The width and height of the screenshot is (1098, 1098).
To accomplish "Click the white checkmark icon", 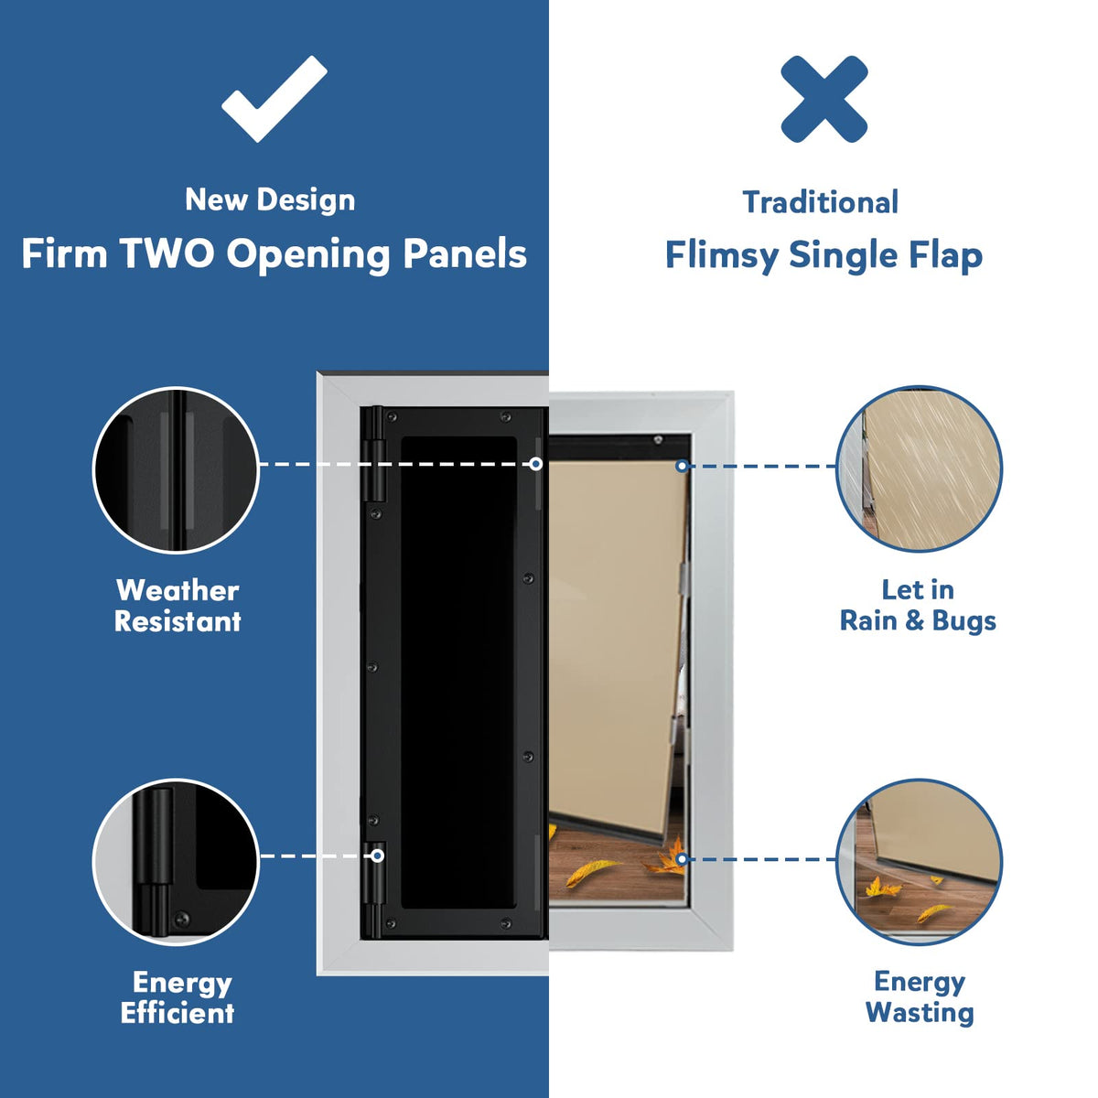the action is tap(274, 98).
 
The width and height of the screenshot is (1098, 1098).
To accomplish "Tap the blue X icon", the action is tap(823, 99).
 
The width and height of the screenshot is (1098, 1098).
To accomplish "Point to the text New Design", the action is tap(270, 200).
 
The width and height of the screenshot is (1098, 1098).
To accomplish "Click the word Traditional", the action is tap(821, 202).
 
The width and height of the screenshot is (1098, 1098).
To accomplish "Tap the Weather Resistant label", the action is tap(178, 606).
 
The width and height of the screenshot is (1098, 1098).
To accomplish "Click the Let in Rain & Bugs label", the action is tap(918, 606).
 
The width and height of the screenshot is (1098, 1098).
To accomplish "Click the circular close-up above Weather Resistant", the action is tap(176, 469).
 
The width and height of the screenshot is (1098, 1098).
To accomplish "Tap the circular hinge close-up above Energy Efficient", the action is tap(176, 862).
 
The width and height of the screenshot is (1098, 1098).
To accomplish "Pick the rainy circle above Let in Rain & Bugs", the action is tap(919, 469).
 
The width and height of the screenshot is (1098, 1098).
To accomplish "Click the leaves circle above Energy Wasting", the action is tap(919, 862).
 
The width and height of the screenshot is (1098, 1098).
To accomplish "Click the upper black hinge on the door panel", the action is tap(374, 454).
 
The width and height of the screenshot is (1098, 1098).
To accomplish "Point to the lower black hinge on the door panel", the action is tap(374, 889).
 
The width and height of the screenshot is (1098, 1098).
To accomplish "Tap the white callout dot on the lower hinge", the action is tap(377, 856).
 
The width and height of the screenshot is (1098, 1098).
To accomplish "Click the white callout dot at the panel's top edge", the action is tap(535, 464).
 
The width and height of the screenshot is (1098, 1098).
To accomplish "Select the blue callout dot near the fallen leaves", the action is tap(682, 859).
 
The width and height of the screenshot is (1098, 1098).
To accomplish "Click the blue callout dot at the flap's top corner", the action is tap(682, 466).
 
